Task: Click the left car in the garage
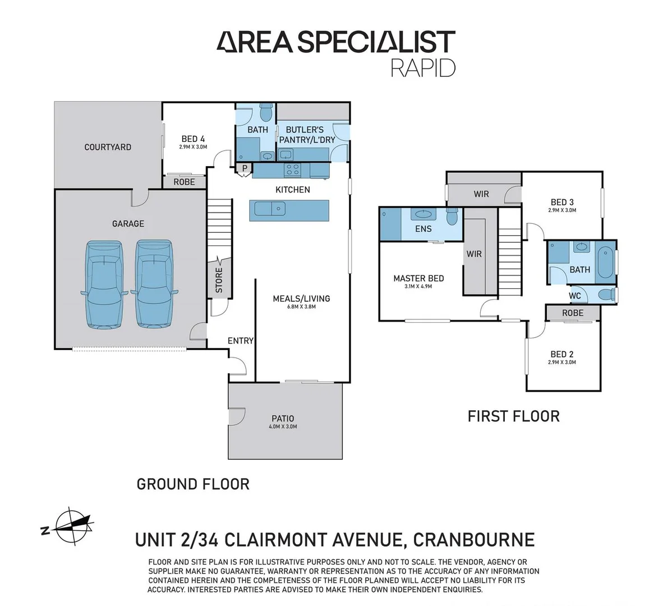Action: pyautogui.click(x=104, y=284)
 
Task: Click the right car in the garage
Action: pyautogui.click(x=155, y=284)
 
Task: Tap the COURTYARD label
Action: pyautogui.click(x=108, y=147)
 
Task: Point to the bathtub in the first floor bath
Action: pyautogui.click(x=606, y=262)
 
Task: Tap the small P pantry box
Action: pyautogui.click(x=245, y=168)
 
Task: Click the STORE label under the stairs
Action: pyautogui.click(x=219, y=279)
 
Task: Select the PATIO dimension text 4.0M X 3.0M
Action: pyautogui.click(x=283, y=426)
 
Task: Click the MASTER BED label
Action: pyautogui.click(x=418, y=278)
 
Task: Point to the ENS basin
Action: pyautogui.click(x=421, y=214)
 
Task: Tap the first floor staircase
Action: pyautogui.click(x=510, y=252)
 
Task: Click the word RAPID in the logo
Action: pyautogui.click(x=423, y=67)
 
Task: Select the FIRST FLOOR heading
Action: pyautogui.click(x=513, y=416)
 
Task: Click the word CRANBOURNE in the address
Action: pyautogui.click(x=473, y=540)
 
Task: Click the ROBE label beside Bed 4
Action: pyautogui.click(x=184, y=182)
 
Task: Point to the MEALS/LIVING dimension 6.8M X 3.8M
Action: pyautogui.click(x=302, y=307)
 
